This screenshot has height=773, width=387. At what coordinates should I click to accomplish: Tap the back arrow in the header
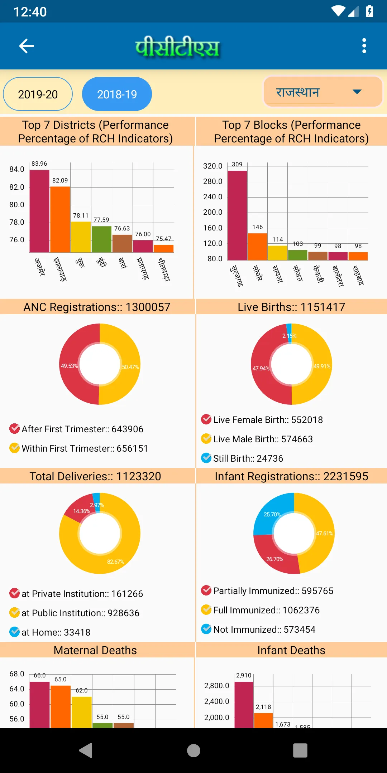tap(27, 46)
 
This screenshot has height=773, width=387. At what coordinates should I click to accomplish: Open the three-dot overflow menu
tap(364, 46)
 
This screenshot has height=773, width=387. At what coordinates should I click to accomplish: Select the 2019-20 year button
tap(38, 94)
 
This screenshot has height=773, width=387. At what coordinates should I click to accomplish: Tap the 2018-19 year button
tap(117, 94)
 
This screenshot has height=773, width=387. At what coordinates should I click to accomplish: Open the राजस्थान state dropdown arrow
tap(357, 92)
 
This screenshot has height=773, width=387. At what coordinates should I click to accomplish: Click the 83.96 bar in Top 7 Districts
tap(39, 211)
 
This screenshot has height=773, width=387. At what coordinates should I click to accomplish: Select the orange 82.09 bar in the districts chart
tap(60, 219)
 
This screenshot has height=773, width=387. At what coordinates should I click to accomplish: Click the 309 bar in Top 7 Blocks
tap(237, 215)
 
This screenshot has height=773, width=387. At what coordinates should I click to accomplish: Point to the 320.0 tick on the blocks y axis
tap(213, 166)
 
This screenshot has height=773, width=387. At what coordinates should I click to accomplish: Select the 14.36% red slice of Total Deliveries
tap(80, 508)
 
